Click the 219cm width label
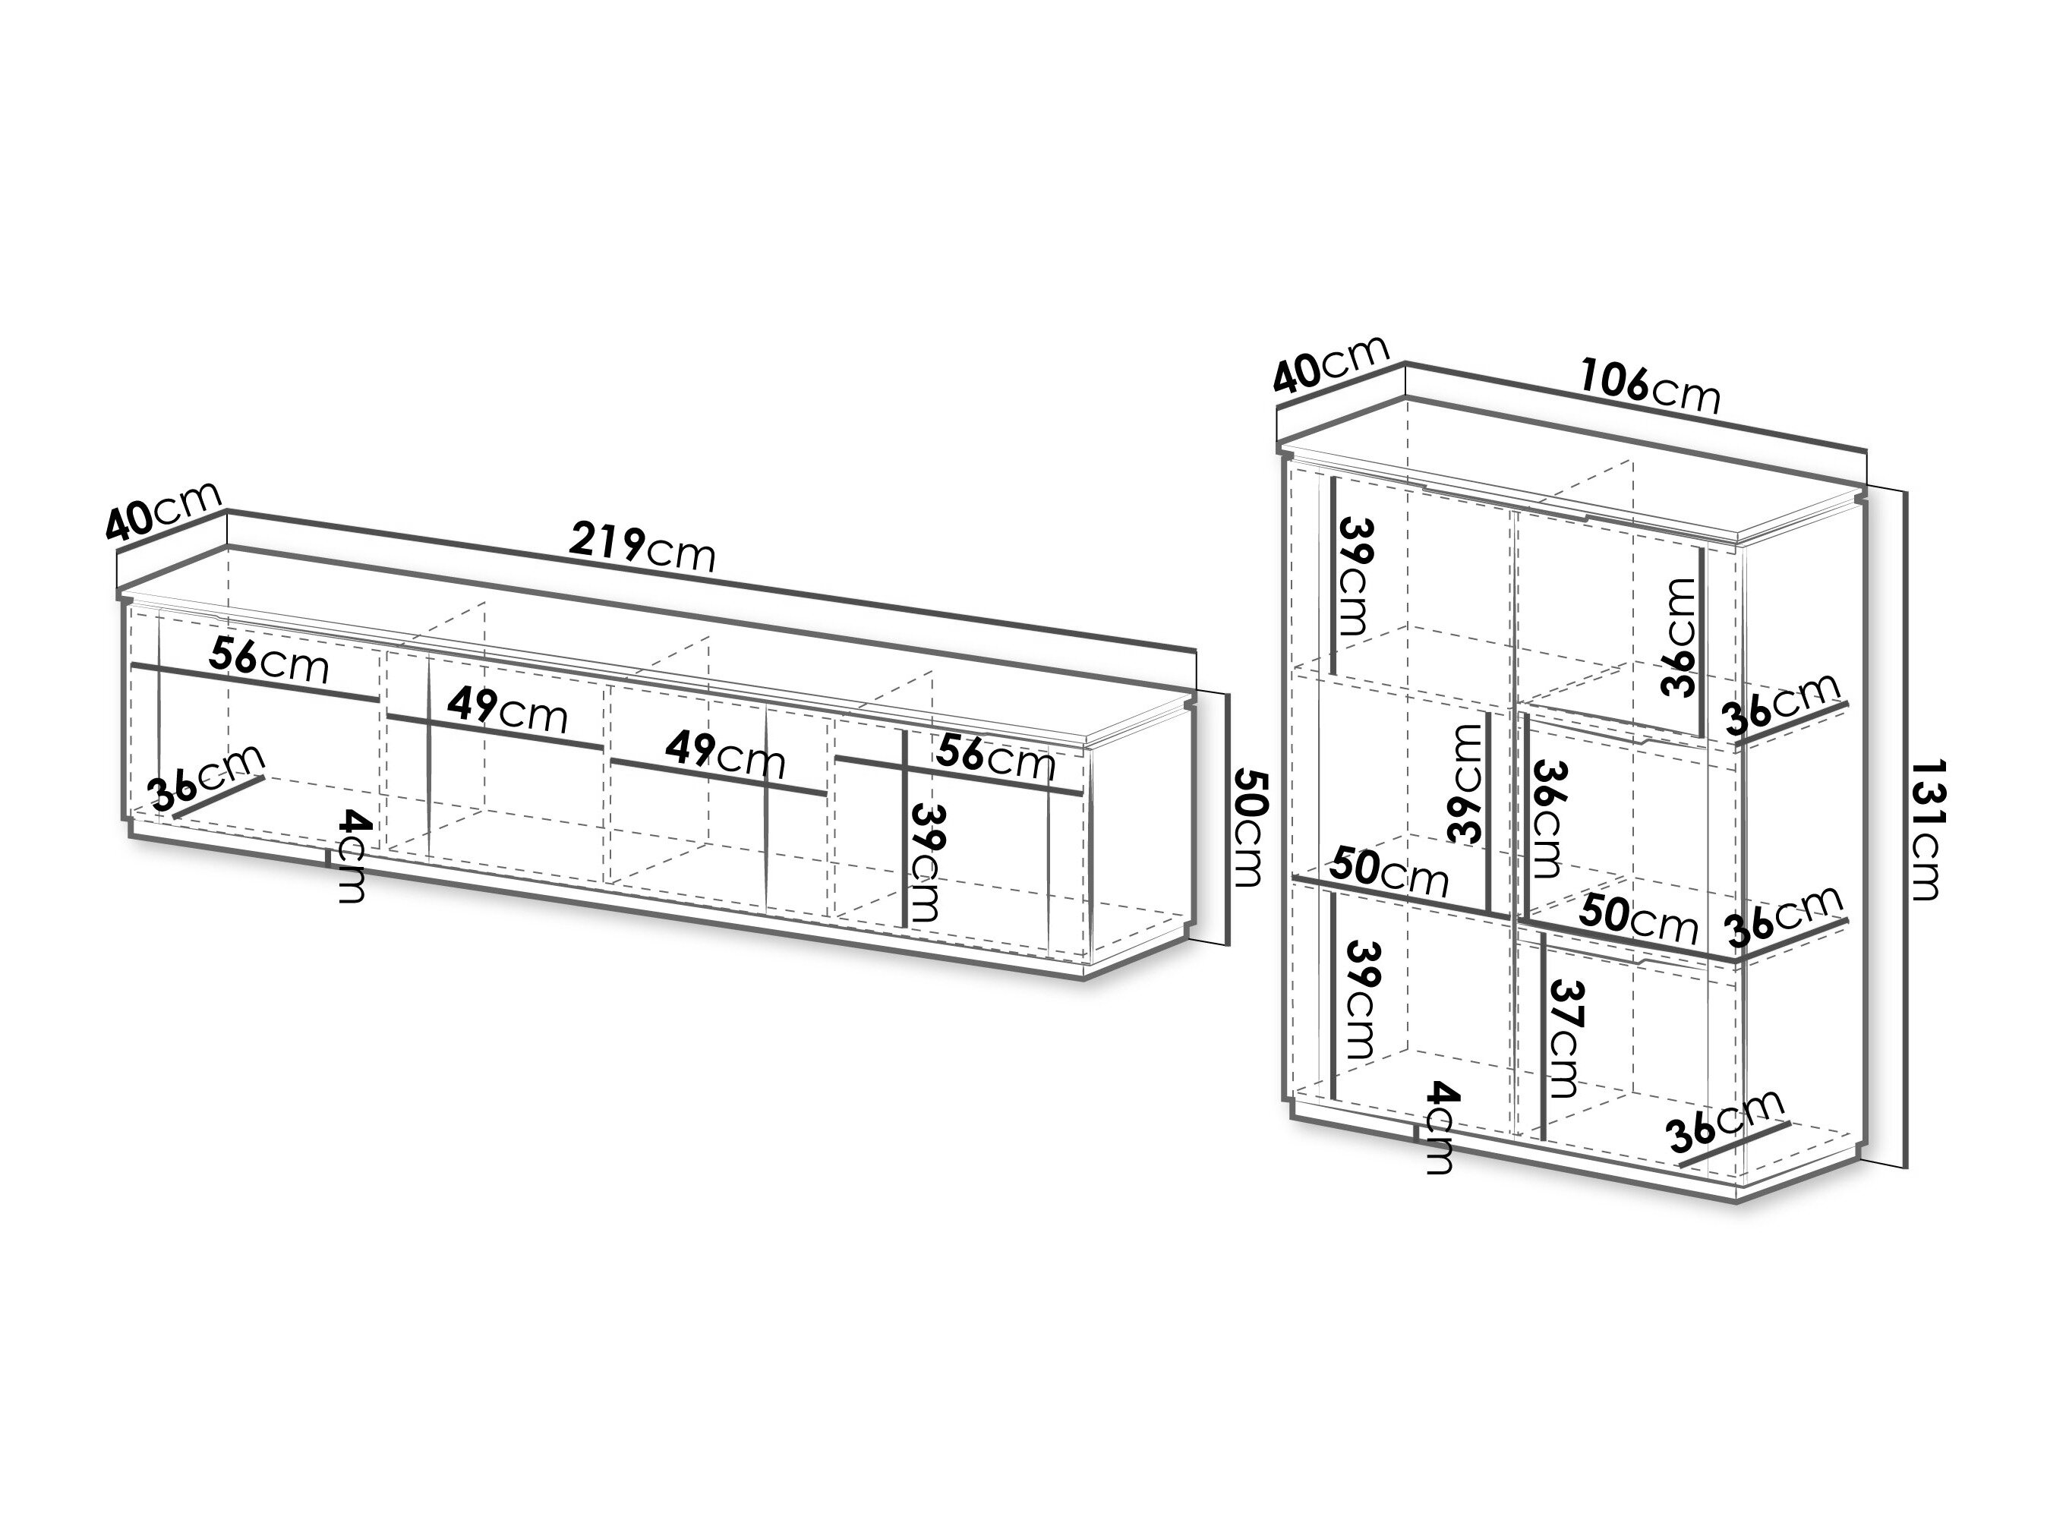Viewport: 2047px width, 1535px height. (x=642, y=548)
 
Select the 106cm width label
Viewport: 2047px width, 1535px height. (x=1649, y=386)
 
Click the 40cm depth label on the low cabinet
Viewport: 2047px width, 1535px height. (x=164, y=511)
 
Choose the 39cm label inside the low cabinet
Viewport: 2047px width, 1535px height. (x=927, y=862)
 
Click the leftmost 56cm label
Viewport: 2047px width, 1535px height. (x=268, y=660)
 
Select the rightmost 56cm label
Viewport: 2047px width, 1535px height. (x=995, y=758)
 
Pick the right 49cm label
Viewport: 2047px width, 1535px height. (x=727, y=756)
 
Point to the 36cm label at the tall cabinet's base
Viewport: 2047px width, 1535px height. (x=1725, y=1121)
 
